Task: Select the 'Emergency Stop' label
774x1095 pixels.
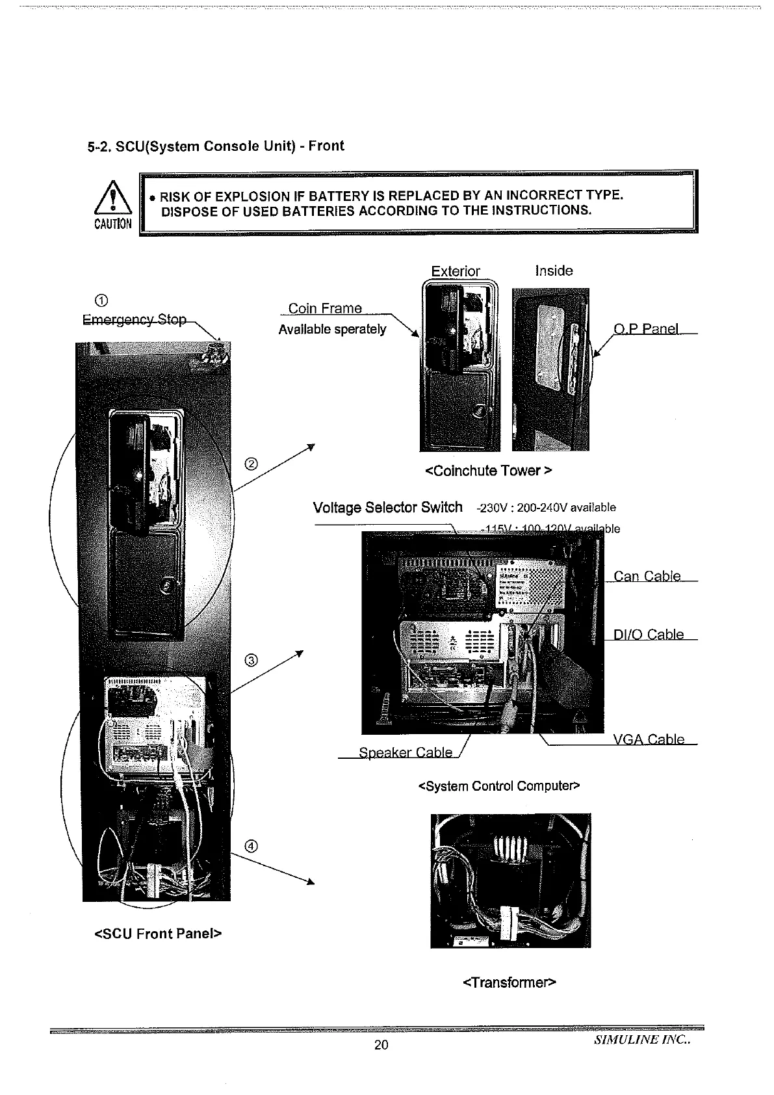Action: pos(135,320)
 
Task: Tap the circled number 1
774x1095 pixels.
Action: pos(101,300)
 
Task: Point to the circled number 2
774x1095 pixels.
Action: pos(252,464)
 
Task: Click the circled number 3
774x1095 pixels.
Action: pos(252,661)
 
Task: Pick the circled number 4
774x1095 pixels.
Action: pos(252,846)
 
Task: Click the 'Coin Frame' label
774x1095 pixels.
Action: pos(325,308)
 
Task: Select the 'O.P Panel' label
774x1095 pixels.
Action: pos(647,328)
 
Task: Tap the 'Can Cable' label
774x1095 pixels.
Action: pos(647,576)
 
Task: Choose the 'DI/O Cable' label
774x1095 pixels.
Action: pos(649,635)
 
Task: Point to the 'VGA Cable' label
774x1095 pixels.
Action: pos(649,739)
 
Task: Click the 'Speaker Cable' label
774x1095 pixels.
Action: pos(406,752)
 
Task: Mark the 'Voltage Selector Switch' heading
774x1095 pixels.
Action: pos(387,507)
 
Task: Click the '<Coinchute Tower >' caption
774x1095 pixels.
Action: pos(488,470)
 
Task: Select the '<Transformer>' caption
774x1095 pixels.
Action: pos(510,982)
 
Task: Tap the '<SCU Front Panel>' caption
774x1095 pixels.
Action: pos(159,934)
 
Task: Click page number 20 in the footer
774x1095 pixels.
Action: pos(381,1044)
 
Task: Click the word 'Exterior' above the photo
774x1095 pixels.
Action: pos(456,271)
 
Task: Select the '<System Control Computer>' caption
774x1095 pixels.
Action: pos(499,786)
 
